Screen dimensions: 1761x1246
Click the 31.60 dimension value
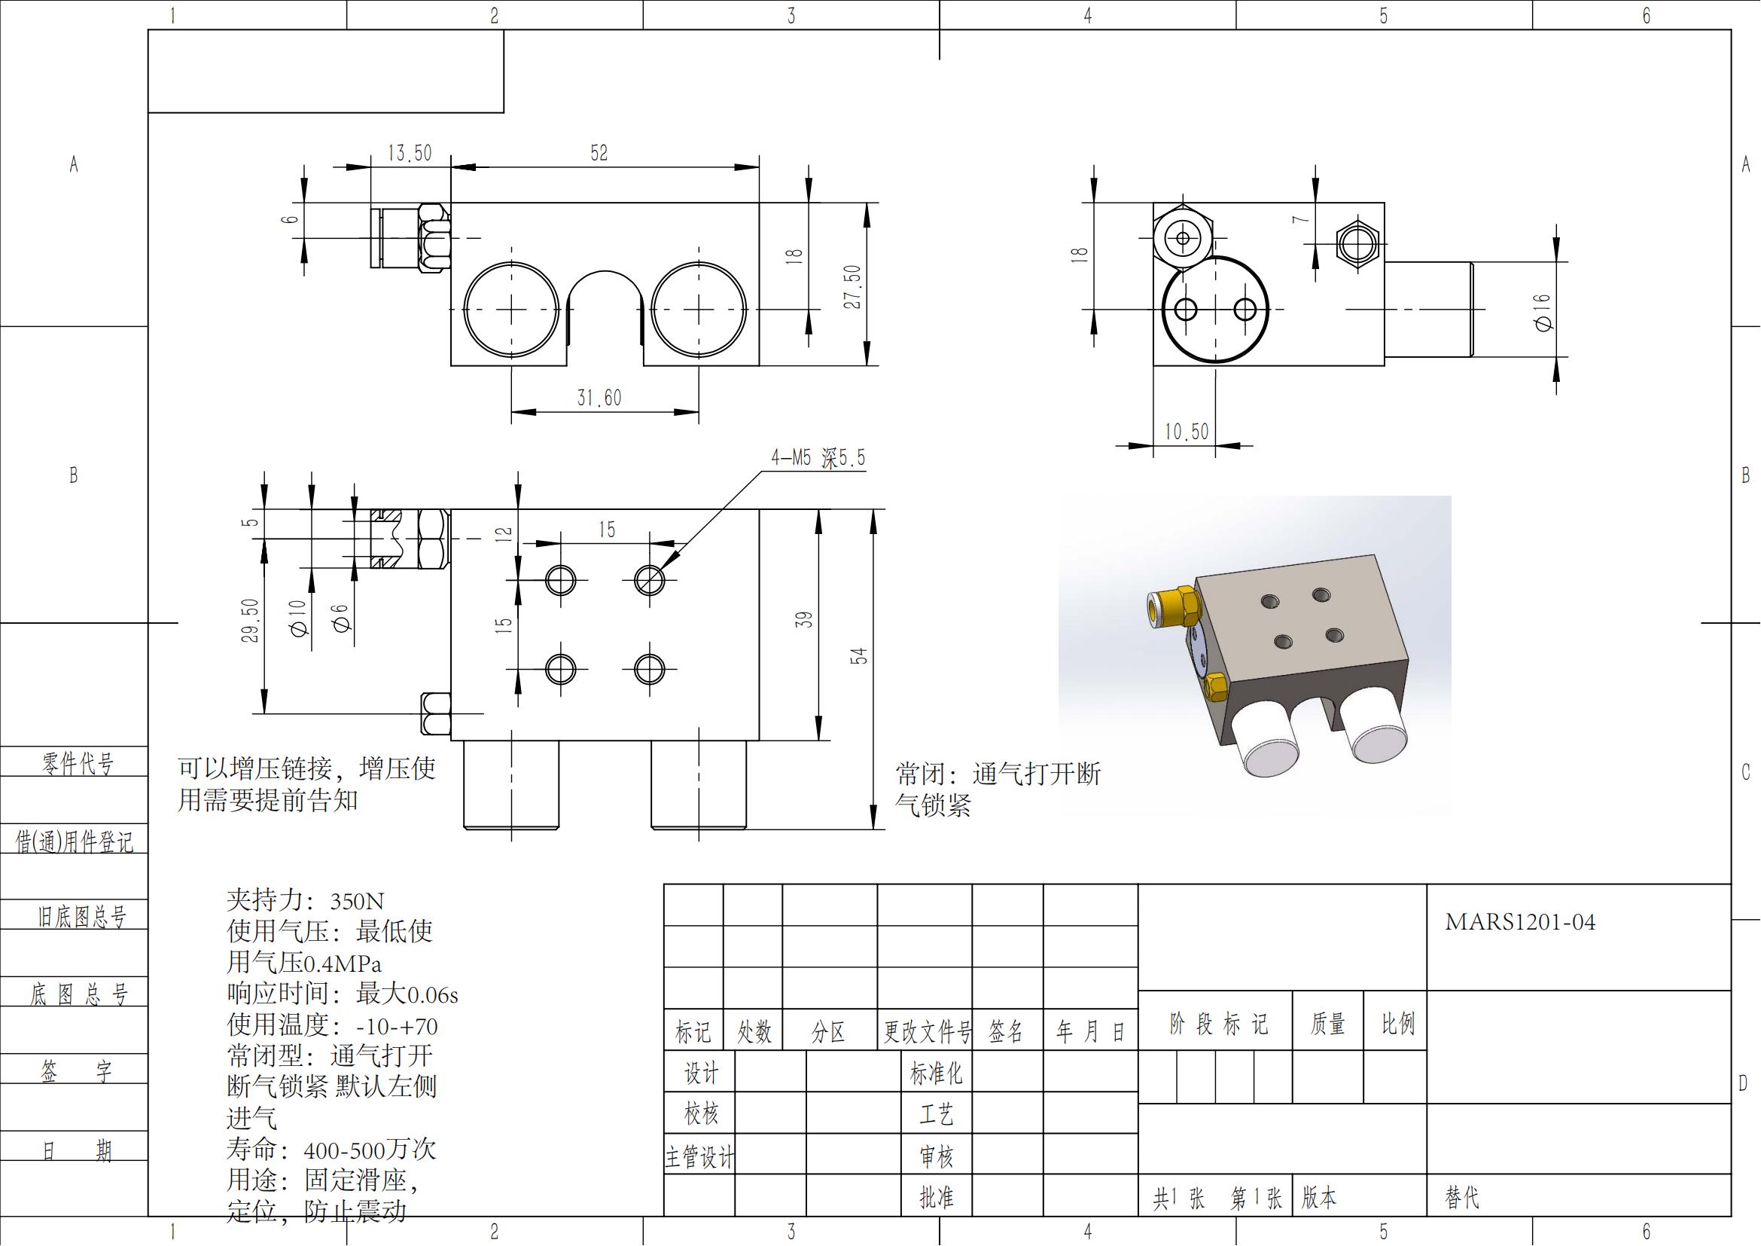599,398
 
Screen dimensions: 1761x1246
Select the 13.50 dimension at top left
410,153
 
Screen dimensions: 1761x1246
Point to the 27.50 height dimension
852,286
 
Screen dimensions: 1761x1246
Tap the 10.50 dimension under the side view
1186,431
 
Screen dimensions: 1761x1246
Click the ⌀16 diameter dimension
1543,313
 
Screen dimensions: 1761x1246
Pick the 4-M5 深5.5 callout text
818,458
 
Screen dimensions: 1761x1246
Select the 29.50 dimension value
250,620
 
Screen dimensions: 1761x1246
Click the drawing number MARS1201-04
1520,922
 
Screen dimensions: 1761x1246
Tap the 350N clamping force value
357,901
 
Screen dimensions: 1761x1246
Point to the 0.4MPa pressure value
342,964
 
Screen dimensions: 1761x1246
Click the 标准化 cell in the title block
936,1073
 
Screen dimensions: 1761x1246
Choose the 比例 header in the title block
1397,1024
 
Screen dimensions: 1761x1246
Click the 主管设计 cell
699,1156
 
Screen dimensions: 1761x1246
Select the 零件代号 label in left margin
77,763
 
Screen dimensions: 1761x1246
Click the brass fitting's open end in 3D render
1153,610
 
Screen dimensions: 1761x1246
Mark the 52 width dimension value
599,153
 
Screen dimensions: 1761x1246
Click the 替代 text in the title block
1462,1198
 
